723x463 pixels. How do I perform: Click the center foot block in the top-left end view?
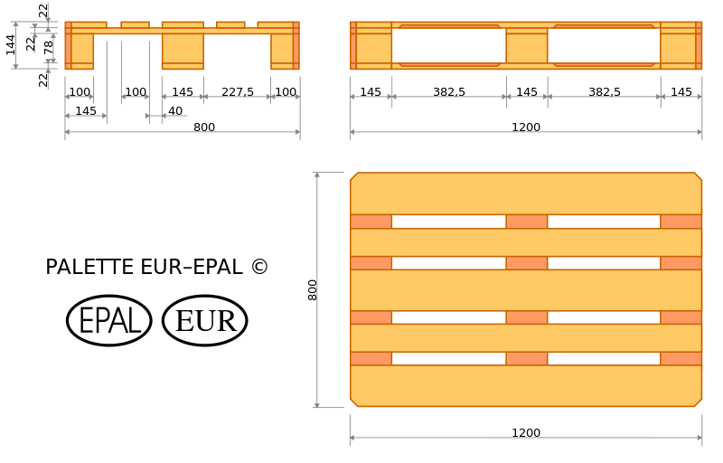point(183,52)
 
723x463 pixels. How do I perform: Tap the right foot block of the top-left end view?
point(284,51)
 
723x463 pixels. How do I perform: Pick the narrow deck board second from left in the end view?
point(135,24)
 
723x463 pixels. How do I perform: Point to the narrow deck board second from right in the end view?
point(230,24)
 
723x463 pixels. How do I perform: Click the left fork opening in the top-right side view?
point(449,45)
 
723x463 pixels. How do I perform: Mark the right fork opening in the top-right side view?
point(604,45)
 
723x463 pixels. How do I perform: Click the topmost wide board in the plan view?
point(526,194)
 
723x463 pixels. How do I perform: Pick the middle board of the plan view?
point(526,290)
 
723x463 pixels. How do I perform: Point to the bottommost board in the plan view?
point(526,386)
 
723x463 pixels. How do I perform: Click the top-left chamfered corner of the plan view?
point(354,176)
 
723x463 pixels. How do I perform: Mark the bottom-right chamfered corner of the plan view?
point(698,402)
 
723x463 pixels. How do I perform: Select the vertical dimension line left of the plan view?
point(316,289)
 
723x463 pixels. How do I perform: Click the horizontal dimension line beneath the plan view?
point(526,438)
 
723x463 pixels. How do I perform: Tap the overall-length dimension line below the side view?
point(526,132)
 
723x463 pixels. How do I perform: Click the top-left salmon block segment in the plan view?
point(371,222)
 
